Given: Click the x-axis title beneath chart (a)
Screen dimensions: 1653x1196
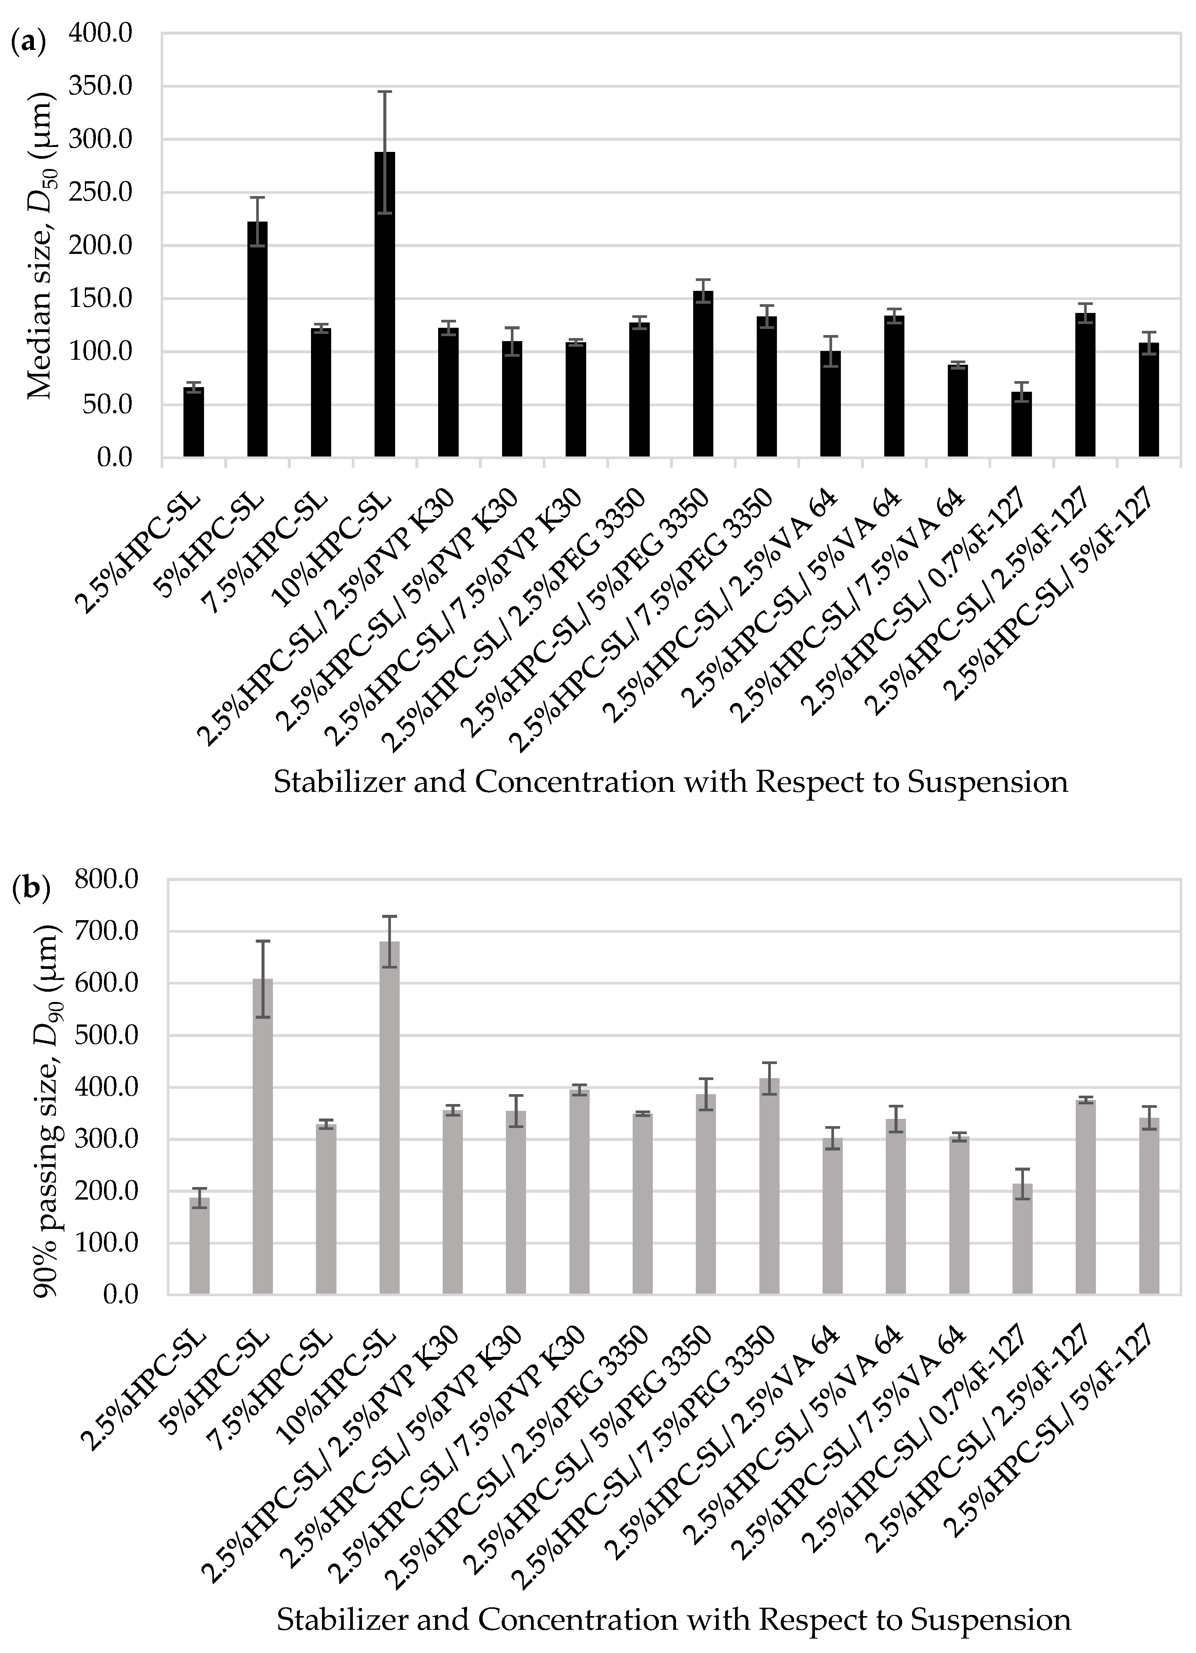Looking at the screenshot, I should pos(671,782).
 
